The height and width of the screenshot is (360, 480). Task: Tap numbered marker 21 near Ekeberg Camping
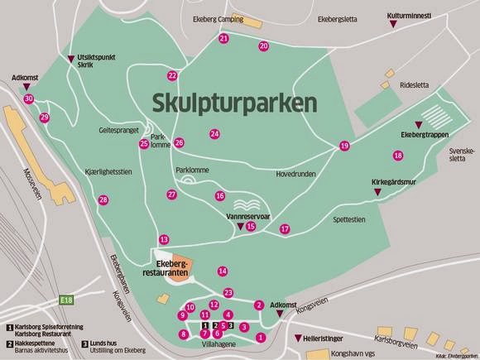click(x=224, y=39)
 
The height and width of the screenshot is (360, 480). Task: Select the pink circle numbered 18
click(x=398, y=156)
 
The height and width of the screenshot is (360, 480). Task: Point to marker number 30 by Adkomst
click(x=29, y=98)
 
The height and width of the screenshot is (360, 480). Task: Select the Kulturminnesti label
click(x=410, y=15)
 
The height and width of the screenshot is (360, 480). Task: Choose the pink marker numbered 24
click(x=214, y=134)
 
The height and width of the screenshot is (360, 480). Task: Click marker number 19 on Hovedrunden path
click(x=344, y=146)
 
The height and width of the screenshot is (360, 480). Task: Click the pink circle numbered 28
click(x=103, y=199)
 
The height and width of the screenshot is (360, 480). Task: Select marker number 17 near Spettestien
click(x=285, y=228)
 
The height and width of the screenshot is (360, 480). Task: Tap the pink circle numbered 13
click(x=164, y=239)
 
